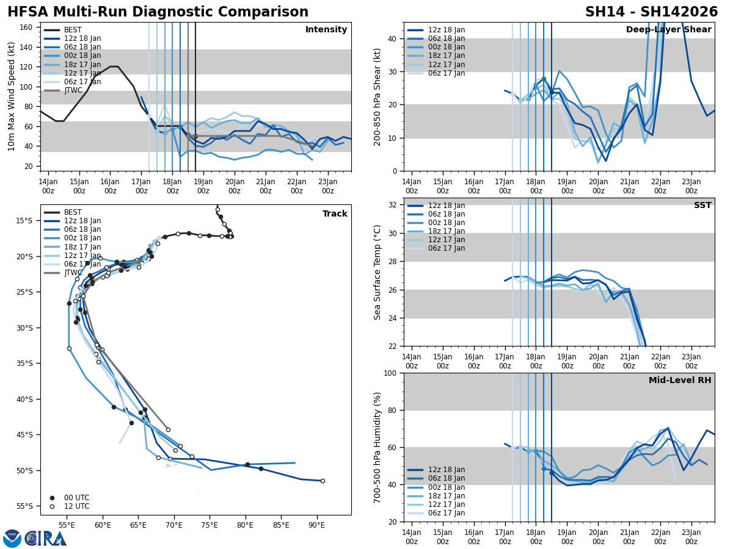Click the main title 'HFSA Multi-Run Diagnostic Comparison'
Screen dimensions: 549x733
point(158,12)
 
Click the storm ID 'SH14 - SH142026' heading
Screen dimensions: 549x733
point(651,12)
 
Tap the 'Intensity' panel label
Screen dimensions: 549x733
point(326,30)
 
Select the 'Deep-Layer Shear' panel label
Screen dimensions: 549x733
point(668,30)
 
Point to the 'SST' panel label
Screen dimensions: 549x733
point(702,206)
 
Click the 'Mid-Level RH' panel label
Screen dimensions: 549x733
point(680,381)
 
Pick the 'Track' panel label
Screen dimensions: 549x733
point(335,214)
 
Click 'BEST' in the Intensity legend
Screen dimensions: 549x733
point(73,30)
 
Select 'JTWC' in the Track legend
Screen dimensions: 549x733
point(73,273)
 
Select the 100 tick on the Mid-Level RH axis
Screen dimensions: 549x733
point(389,373)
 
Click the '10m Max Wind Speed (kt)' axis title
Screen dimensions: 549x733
point(11,96)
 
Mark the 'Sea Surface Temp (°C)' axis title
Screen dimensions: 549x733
point(377,272)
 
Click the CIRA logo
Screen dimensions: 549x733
point(35,539)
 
